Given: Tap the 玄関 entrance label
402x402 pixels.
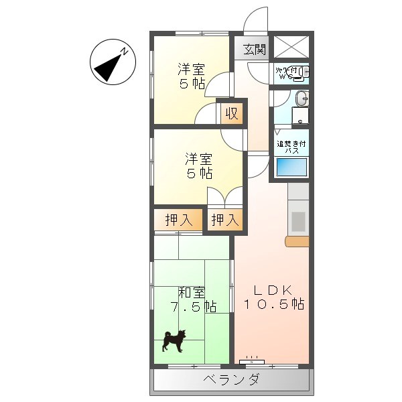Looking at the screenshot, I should [x=254, y=49].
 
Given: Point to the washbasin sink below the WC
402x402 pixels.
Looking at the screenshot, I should [x=301, y=99].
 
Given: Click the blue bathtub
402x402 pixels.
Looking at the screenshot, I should [x=291, y=167].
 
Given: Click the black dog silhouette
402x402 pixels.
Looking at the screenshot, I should [x=174, y=340].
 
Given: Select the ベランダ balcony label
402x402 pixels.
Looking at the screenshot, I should [x=231, y=381].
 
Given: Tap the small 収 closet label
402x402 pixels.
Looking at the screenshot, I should [x=231, y=113].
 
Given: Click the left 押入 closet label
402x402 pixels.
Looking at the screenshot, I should [x=178, y=219].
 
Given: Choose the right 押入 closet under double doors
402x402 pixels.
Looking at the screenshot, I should [x=224, y=219].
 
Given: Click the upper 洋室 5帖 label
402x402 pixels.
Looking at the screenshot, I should [x=192, y=76].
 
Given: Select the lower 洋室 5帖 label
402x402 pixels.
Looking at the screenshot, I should [x=199, y=165].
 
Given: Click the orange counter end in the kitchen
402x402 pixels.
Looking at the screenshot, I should [x=297, y=241].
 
